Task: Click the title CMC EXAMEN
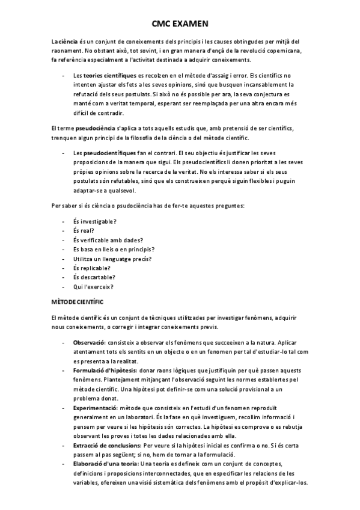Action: coord(180,23)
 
